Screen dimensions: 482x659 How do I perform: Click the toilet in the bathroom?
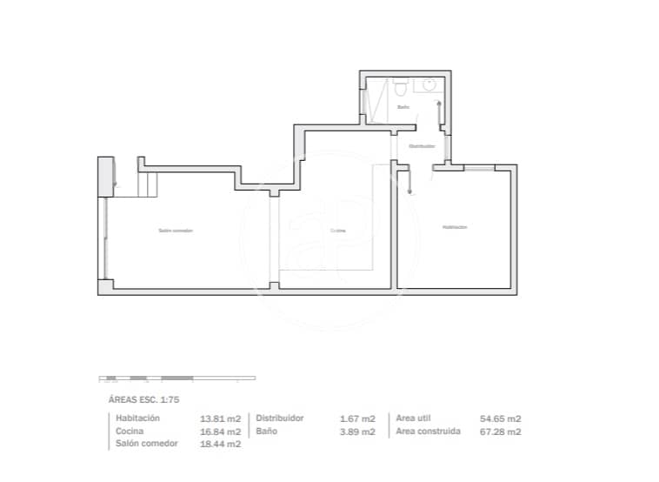point(400,87)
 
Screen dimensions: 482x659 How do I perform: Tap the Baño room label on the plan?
point(403,107)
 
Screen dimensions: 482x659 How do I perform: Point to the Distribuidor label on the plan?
point(422,146)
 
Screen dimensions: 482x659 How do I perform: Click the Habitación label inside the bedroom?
point(455,227)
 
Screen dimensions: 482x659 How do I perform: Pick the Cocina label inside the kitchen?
point(338,231)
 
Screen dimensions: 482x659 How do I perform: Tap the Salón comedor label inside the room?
point(176,231)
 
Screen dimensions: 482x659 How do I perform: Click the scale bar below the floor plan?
point(177,378)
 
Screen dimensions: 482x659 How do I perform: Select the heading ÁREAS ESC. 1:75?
point(143,399)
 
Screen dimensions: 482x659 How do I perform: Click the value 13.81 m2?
point(221,418)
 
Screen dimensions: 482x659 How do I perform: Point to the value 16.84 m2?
point(221,432)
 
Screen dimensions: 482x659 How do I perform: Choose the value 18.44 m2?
point(221,445)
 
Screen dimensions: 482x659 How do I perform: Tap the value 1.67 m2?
point(357,418)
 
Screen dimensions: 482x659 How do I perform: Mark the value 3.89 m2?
point(357,432)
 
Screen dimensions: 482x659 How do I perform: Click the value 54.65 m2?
point(502,418)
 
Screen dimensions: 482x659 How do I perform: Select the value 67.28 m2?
point(502,432)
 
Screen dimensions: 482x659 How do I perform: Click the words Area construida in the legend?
point(428,432)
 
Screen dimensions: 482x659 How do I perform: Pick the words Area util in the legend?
point(414,418)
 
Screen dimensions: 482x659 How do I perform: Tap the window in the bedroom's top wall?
point(476,167)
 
